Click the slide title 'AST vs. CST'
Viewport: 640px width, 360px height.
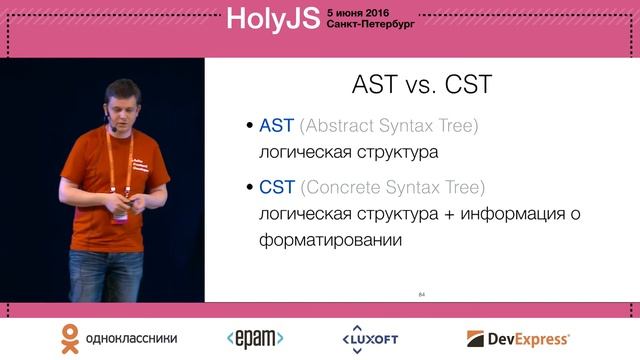tap(422, 84)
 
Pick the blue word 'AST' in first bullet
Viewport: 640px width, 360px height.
tap(277, 127)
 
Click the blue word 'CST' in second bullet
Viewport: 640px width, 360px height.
tap(277, 187)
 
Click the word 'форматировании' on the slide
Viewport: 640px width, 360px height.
tap(331, 241)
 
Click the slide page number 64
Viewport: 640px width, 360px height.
tap(421, 293)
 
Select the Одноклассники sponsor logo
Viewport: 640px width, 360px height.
tap(110, 337)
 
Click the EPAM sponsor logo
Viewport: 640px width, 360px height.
tap(255, 338)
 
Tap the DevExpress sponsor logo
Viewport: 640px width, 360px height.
tap(518, 338)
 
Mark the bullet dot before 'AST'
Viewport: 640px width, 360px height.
tap(250, 128)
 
